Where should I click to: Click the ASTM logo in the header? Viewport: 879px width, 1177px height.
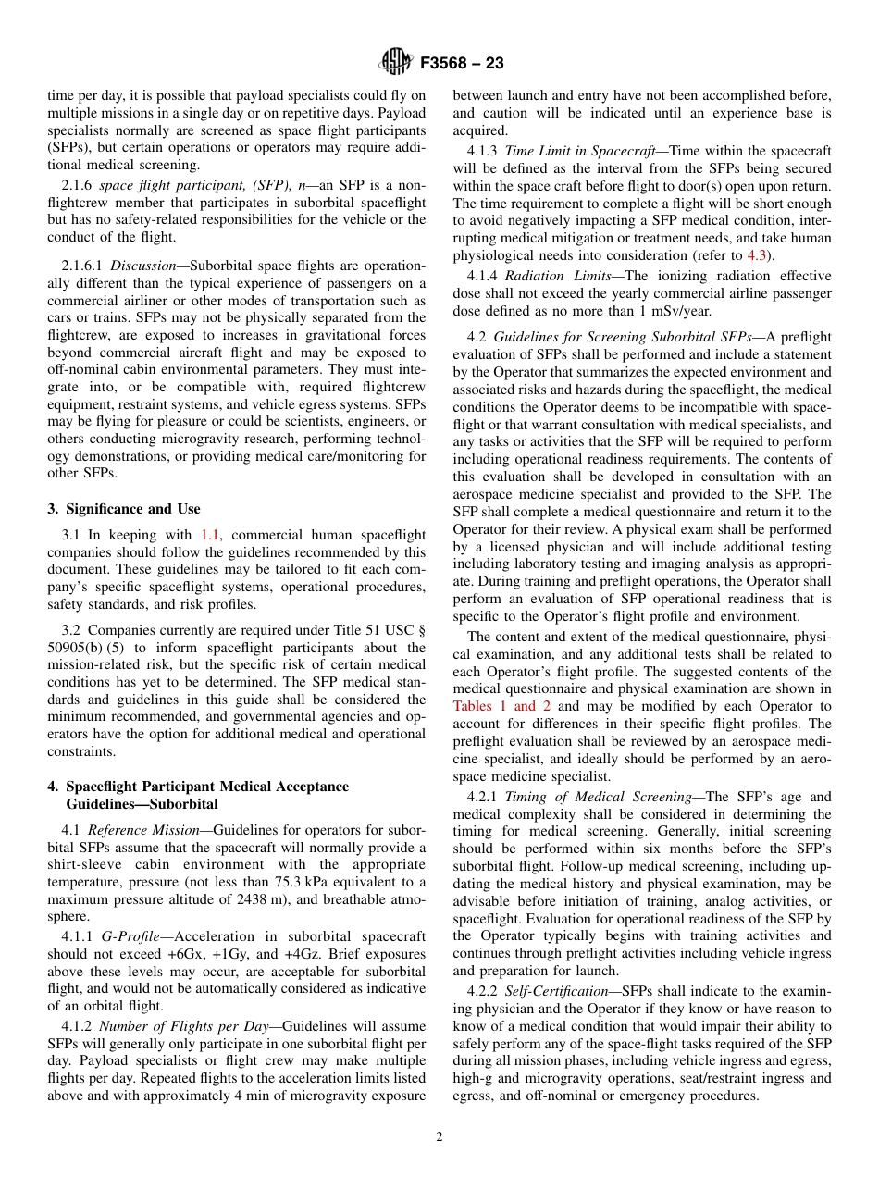tap(395, 63)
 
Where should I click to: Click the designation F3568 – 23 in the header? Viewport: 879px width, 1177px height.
tap(462, 64)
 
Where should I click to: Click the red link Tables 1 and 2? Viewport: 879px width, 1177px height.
tap(501, 706)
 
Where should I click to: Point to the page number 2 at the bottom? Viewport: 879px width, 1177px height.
tap(439, 1137)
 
